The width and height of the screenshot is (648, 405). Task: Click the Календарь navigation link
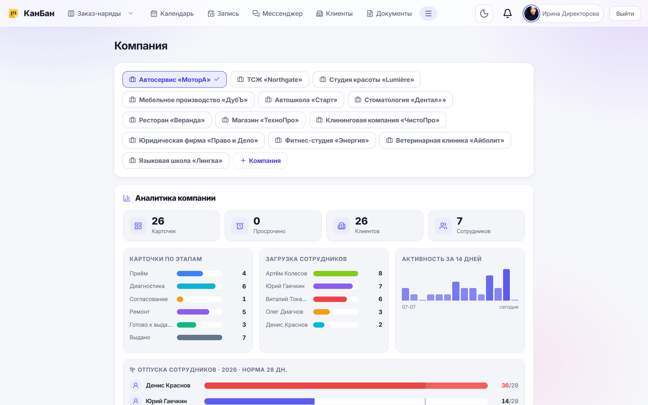pyautogui.click(x=172, y=13)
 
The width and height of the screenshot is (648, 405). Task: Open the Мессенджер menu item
pyautogui.click(x=277, y=13)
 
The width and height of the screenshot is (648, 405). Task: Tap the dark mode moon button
pyautogui.click(x=484, y=13)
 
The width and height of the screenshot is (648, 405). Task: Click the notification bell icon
pyautogui.click(x=507, y=13)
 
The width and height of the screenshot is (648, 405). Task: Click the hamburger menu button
pyautogui.click(x=428, y=13)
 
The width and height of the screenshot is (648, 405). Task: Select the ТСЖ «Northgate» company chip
pyautogui.click(x=270, y=80)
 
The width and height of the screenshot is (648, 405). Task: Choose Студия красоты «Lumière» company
pyautogui.click(x=367, y=80)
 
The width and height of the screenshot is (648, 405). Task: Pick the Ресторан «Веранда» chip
pyautogui.click(x=167, y=120)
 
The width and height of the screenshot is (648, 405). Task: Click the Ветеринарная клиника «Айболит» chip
pyautogui.click(x=445, y=140)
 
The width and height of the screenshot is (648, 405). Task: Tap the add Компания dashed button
pyautogui.click(x=260, y=160)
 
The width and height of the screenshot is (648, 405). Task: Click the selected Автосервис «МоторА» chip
pyautogui.click(x=175, y=80)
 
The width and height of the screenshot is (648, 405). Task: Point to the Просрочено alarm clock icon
pyautogui.click(x=240, y=226)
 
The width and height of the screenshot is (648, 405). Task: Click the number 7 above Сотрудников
pyautogui.click(x=459, y=221)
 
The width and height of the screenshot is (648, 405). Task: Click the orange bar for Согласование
pyautogui.click(x=180, y=299)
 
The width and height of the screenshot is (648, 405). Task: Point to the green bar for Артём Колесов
pyautogui.click(x=335, y=273)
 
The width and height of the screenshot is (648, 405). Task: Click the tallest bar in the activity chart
pyautogui.click(x=506, y=285)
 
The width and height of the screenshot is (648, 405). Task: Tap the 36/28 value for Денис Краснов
pyautogui.click(x=510, y=385)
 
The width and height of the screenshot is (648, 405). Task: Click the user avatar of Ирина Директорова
pyautogui.click(x=531, y=13)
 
